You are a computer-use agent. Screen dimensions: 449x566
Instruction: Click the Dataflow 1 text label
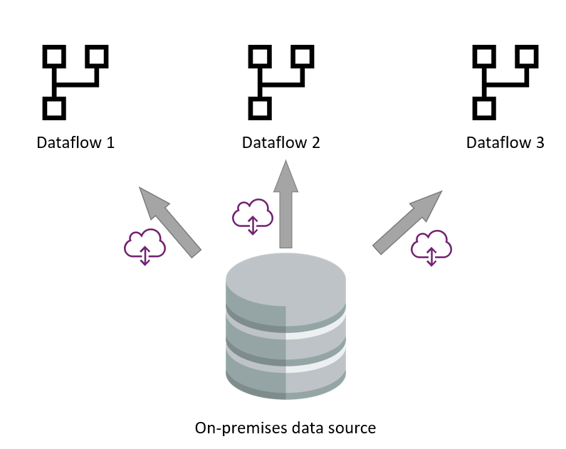[x=75, y=142]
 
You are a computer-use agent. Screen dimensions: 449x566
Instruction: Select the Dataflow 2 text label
[x=281, y=142]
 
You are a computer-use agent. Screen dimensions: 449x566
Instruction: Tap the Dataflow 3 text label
[x=505, y=142]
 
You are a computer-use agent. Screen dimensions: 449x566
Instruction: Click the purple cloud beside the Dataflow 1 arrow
[x=145, y=246]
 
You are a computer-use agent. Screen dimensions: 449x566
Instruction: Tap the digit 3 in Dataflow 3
[x=540, y=142]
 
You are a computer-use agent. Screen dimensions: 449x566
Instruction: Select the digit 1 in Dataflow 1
[x=110, y=142]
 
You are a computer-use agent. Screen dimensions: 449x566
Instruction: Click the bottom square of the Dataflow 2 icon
[x=258, y=108]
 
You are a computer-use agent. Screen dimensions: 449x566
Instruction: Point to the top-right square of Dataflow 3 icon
[x=526, y=56]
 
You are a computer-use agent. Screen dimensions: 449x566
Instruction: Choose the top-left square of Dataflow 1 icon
[x=54, y=56]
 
